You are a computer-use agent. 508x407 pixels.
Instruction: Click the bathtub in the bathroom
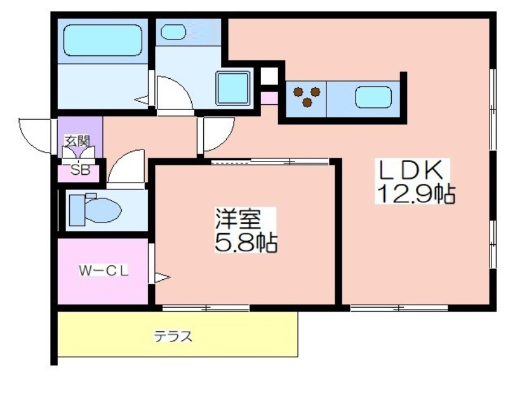coord(103,40)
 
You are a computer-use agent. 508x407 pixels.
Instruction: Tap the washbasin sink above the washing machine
coord(173,32)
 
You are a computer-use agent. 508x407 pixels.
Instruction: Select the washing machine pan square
coord(233,88)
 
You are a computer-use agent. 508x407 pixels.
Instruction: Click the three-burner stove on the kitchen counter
coord(307,96)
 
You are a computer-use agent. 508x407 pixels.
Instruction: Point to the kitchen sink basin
coord(373,97)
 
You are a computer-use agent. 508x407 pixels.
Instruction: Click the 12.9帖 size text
coord(415,194)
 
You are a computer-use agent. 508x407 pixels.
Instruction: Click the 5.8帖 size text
coord(246,242)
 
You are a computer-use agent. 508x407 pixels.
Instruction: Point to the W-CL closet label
coord(104,271)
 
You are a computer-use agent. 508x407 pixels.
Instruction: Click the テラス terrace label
coord(173,336)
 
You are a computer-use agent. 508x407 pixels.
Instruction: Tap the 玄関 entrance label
coord(77,142)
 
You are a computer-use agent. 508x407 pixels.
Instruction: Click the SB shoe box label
coord(81,170)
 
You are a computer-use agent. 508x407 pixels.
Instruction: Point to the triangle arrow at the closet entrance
coord(162,278)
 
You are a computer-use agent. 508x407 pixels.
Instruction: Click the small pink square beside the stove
coord(269,99)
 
